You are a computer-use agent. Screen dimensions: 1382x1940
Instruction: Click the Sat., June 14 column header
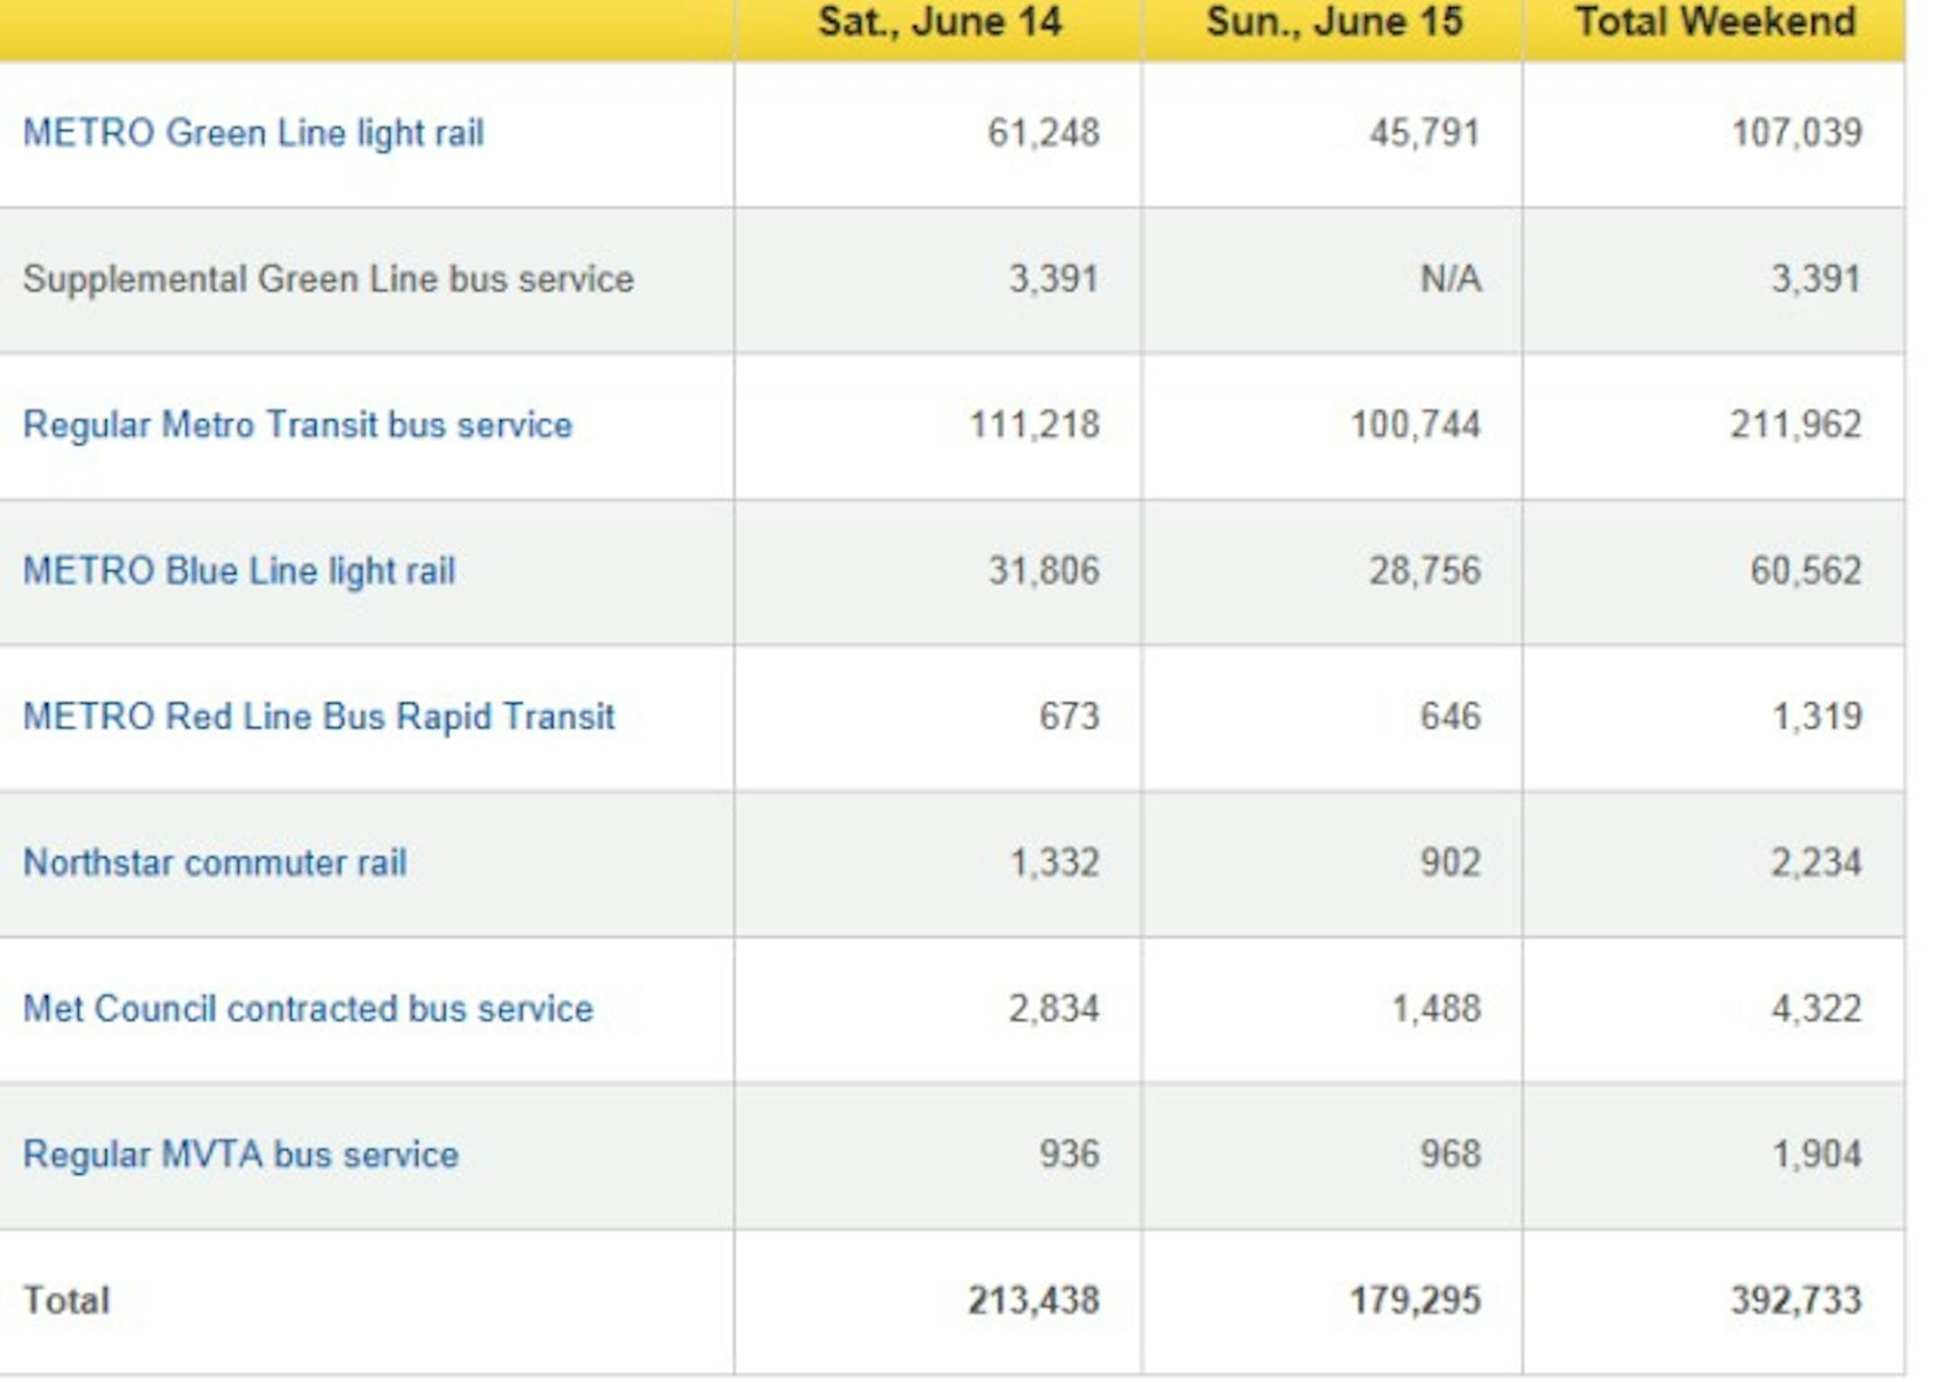click(939, 22)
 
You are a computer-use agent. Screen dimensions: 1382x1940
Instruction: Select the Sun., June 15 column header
click(1335, 22)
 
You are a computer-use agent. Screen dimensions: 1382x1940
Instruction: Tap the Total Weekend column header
click(1715, 22)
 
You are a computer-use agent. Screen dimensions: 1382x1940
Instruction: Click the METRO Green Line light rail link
click(253, 134)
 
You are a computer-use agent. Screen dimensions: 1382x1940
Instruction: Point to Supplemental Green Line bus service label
click(329, 279)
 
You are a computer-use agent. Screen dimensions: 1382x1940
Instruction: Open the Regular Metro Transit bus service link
click(297, 425)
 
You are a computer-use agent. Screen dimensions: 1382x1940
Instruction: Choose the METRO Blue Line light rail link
click(239, 571)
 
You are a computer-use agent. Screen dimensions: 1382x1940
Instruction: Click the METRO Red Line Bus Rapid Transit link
click(319, 717)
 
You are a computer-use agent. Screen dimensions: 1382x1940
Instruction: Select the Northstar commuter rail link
click(215, 863)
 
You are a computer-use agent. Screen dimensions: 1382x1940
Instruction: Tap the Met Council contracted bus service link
click(308, 1009)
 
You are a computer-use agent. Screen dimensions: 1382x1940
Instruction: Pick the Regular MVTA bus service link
click(241, 1155)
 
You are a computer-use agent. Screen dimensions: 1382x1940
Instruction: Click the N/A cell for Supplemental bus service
click(1451, 279)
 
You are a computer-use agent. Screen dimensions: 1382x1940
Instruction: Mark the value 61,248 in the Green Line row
click(1044, 134)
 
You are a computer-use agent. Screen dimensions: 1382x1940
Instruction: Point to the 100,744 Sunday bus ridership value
click(1415, 425)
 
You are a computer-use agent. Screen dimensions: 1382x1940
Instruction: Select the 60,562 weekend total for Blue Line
click(1805, 571)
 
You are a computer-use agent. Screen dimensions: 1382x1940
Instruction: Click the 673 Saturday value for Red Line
click(1069, 717)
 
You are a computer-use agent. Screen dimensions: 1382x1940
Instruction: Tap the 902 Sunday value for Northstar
click(1451, 863)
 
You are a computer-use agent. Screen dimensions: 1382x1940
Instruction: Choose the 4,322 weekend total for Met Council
click(1816, 1009)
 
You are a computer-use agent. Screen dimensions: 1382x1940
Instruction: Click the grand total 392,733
click(1796, 1301)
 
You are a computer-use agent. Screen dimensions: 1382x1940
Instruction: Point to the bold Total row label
click(66, 1301)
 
